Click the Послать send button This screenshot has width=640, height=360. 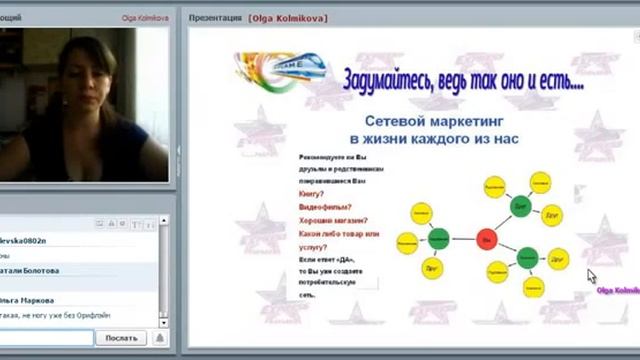[x=121, y=338]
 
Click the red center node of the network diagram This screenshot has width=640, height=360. [x=486, y=240]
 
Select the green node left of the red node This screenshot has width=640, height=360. [x=438, y=238]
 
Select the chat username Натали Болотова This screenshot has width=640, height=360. [x=30, y=270]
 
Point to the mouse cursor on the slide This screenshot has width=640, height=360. [x=591, y=276]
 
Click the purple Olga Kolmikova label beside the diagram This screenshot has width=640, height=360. [x=616, y=292]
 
